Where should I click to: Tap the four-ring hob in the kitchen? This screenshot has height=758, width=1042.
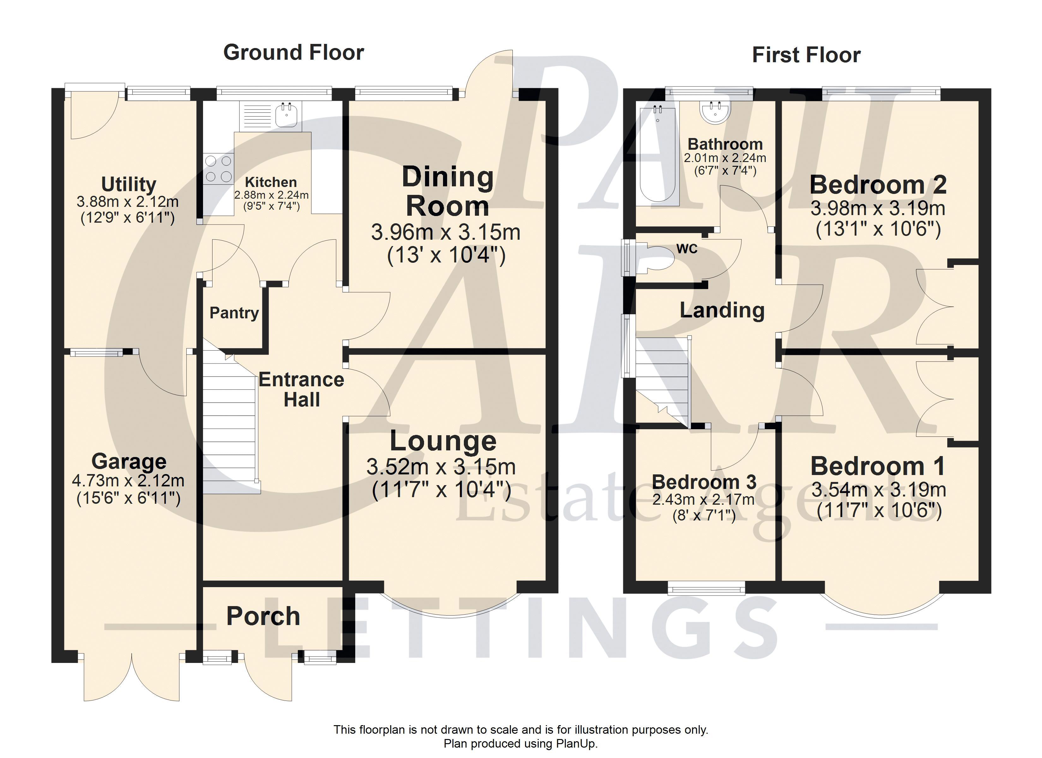(219, 168)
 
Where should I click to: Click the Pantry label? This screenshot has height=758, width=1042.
(234, 313)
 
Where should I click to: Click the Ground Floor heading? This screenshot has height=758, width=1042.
(294, 52)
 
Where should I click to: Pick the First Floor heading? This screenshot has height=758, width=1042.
(806, 55)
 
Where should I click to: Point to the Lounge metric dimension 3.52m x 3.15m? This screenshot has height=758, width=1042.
(441, 467)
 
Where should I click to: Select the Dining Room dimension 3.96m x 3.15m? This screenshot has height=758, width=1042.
(446, 232)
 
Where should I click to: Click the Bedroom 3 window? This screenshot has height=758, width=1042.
(707, 588)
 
